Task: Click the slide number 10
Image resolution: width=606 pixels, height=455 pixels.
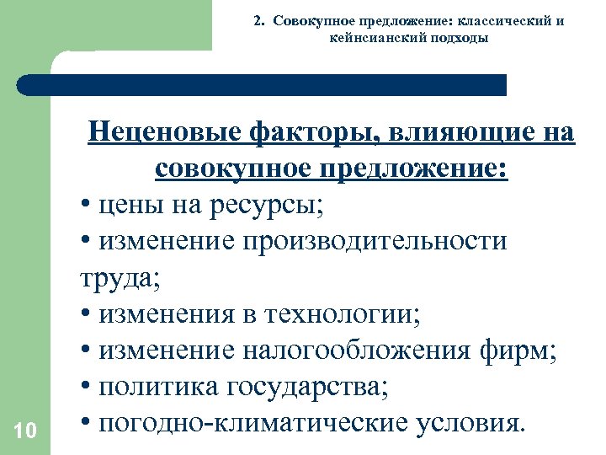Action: (25, 431)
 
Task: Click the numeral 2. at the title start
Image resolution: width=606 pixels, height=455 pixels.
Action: (258, 21)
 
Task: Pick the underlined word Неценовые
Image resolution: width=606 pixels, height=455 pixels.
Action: (162, 132)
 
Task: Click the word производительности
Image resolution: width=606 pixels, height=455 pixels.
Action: (375, 241)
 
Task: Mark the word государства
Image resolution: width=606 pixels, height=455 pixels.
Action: (316, 386)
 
